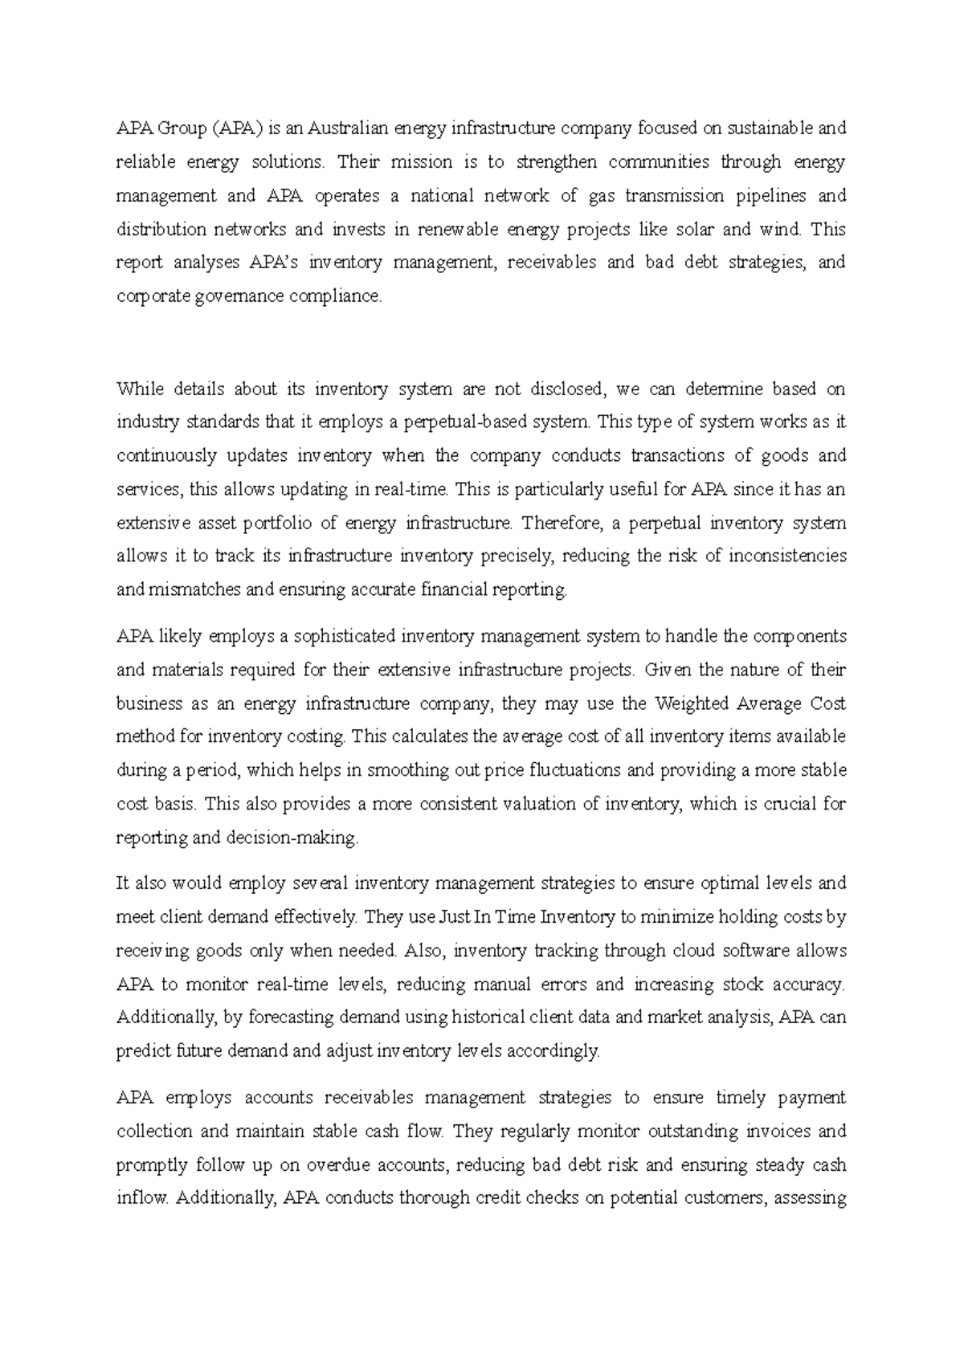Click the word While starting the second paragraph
(x=139, y=389)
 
